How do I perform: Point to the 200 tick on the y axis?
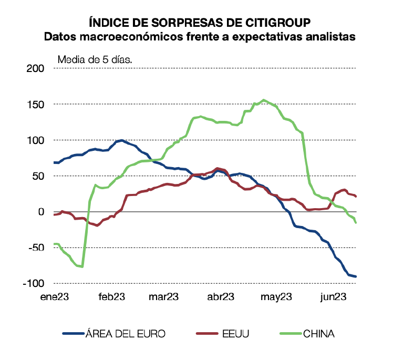pyautogui.click(x=36, y=69)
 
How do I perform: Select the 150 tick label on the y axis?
pyautogui.click(x=36, y=105)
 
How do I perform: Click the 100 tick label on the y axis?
pyautogui.click(x=36, y=140)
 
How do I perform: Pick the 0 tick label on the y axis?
pyautogui.click(x=41, y=212)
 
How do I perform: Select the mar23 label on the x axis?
pyautogui.click(x=164, y=296)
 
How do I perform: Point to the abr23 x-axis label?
pyautogui.click(x=220, y=296)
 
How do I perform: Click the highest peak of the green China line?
pyautogui.click(x=264, y=100)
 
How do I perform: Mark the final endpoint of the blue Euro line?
pyautogui.click(x=356, y=276)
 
